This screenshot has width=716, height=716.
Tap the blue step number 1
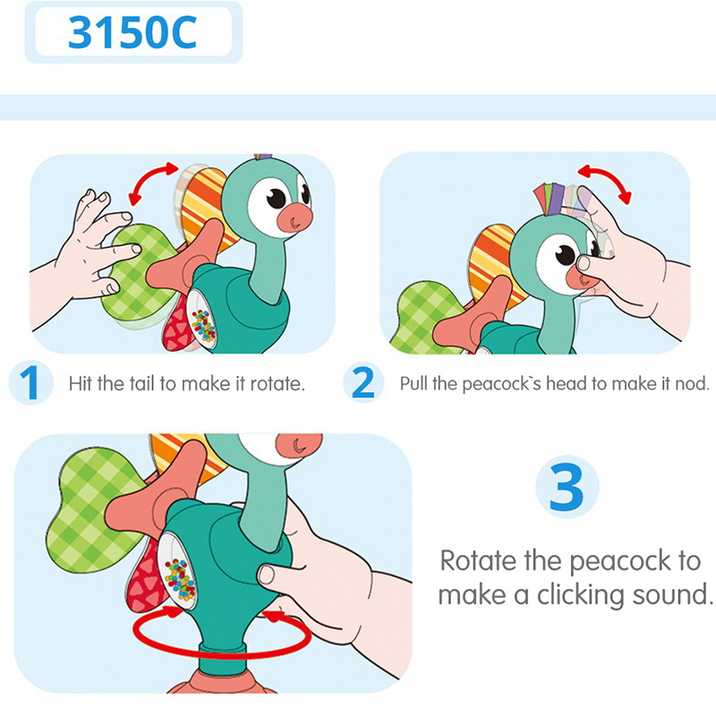30,384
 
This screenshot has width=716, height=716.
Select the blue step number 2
363,384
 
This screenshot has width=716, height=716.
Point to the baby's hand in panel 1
86,246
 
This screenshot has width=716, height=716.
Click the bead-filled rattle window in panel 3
179,577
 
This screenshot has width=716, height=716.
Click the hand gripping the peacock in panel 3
331,573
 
